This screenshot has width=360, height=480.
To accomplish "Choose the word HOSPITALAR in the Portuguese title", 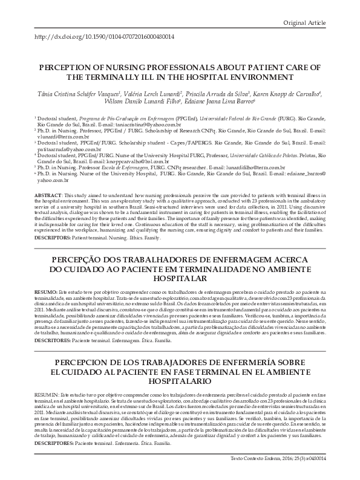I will click(x=180, y=279).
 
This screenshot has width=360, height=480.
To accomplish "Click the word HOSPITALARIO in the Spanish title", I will click(x=180, y=381).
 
